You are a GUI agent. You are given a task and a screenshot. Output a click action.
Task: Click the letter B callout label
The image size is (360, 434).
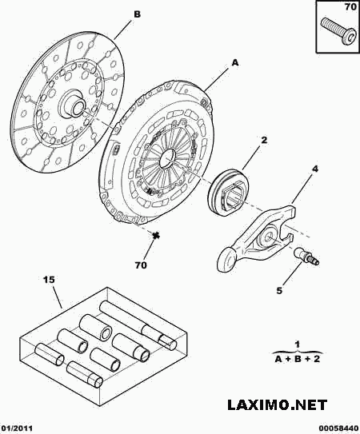137,14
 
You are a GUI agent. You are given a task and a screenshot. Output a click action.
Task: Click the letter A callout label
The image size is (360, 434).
235,63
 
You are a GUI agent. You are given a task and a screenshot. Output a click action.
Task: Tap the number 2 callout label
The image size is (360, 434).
264,140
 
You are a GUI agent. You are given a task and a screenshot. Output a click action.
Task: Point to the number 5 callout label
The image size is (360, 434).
279,291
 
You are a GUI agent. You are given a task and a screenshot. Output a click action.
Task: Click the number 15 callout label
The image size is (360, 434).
49,280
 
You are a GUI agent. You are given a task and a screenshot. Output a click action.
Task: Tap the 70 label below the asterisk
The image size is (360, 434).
141,265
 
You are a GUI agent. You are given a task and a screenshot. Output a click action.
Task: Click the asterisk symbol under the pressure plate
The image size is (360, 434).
156,235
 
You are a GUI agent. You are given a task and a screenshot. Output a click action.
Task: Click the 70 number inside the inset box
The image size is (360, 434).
350,7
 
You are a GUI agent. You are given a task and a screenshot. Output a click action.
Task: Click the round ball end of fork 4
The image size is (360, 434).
226,259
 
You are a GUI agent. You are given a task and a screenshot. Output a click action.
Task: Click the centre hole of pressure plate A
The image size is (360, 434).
168,158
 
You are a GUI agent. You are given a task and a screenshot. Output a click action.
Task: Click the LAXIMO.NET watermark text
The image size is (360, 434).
277,404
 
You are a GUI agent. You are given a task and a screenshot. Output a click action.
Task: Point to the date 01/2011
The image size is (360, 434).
17,428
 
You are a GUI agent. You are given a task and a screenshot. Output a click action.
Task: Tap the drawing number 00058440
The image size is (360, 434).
341,428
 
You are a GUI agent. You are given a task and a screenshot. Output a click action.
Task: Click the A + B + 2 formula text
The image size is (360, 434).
298,359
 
